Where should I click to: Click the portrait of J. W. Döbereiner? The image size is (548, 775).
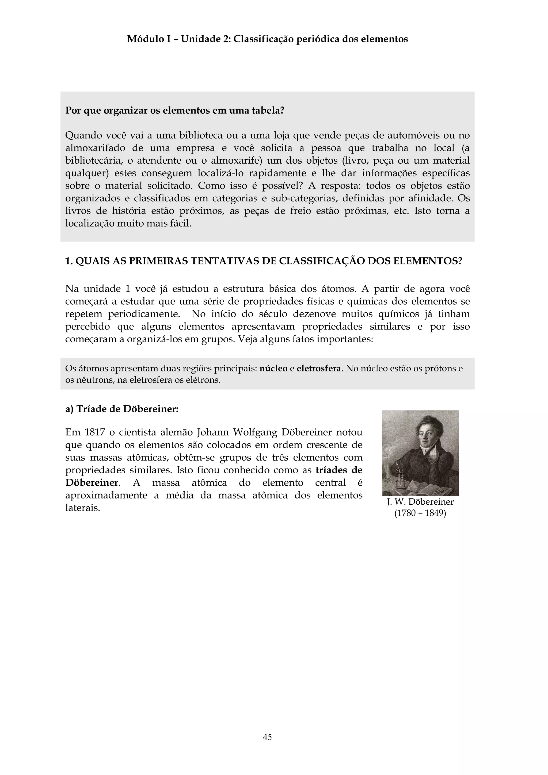pos(420,453)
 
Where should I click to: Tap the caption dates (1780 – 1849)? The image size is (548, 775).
pos(420,513)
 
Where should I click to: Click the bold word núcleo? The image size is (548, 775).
pos(273,368)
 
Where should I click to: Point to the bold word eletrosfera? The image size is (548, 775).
pos(319,368)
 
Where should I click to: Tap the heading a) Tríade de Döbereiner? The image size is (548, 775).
pos(121,409)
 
